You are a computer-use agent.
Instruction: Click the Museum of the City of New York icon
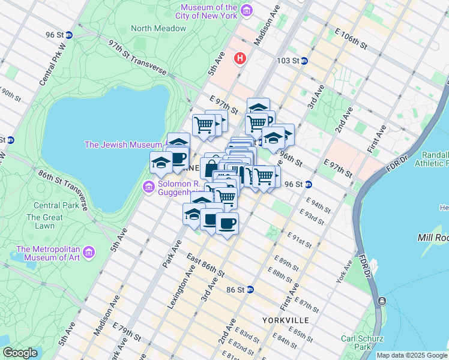coord(246,11)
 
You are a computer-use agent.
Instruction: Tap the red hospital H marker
coord(241,59)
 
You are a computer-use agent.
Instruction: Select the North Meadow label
coord(149,28)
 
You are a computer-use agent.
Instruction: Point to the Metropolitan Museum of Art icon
coord(89,252)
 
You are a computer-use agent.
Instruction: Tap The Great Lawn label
coord(44,222)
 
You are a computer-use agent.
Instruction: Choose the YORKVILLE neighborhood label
coord(285,320)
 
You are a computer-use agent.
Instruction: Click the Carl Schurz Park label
coord(358,343)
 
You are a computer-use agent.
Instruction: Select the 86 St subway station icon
coord(250,289)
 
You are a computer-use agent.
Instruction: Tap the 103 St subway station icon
coord(304,61)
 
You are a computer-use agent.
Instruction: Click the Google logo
coord(20,353)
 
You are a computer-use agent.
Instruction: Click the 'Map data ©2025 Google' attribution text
coord(412,355)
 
